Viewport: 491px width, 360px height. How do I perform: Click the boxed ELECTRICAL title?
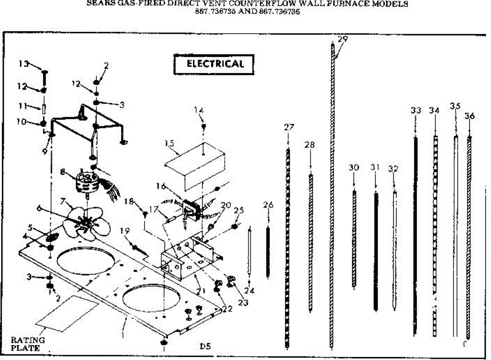pos(215,64)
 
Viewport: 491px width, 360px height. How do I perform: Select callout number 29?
pos(343,40)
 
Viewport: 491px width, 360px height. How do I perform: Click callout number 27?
pos(289,127)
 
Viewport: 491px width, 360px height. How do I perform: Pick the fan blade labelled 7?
pos(84,221)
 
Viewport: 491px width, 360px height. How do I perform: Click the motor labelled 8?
pos(87,182)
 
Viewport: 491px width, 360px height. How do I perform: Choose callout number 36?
pos(470,116)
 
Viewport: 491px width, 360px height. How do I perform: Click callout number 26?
pos(268,205)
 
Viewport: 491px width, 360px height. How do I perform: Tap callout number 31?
pos(376,167)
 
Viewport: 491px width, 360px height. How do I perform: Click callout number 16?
pos(161,186)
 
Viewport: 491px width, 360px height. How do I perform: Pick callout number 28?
pos(310,145)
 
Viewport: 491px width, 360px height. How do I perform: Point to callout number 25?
pos(239,210)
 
